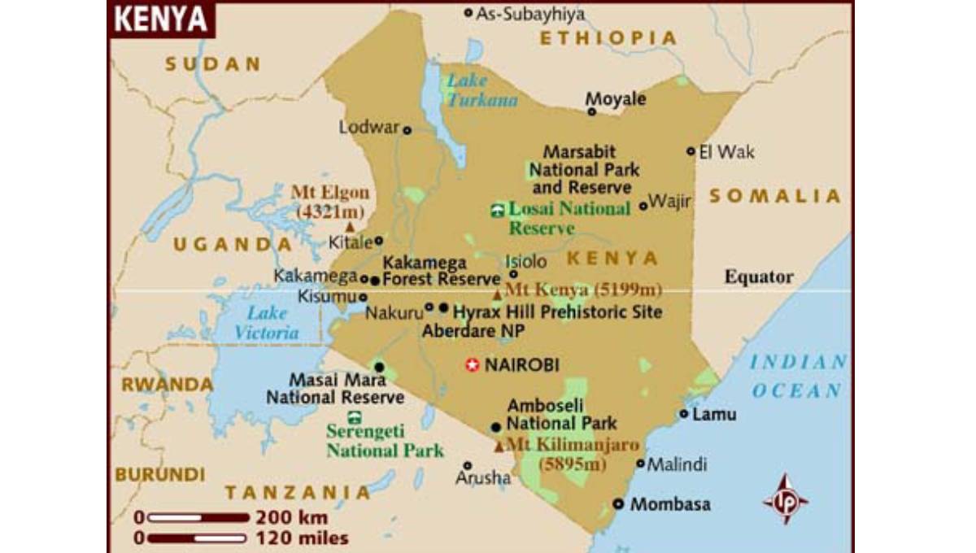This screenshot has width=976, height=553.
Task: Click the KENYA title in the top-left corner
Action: tap(160, 20)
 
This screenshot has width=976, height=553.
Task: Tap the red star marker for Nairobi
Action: tap(472, 365)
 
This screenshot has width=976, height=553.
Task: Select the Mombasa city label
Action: tap(669, 504)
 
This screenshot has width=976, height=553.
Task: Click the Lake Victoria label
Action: tap(267, 323)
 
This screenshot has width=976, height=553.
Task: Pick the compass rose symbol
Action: tap(785, 499)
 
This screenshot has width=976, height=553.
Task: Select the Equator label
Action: tap(759, 277)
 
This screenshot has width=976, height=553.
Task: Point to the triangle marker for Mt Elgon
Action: tap(350, 227)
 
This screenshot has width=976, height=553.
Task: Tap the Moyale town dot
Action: tap(591, 111)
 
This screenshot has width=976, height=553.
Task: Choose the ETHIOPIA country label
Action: tap(608, 38)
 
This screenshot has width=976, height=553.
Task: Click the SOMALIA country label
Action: tap(774, 196)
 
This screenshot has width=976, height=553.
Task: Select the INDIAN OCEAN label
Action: tap(797, 377)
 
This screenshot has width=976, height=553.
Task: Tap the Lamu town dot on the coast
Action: tap(683, 414)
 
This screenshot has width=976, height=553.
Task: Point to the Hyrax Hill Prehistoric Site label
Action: tap(557, 312)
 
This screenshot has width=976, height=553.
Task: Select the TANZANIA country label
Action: tap(298, 492)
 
